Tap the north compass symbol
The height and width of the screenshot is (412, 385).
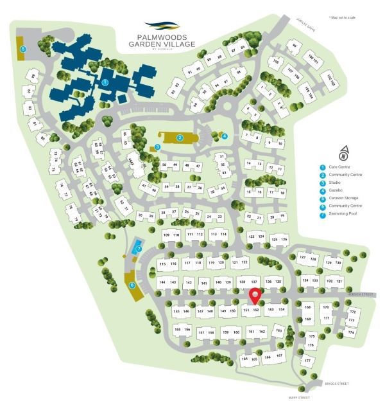345,153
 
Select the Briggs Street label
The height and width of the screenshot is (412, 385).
338,384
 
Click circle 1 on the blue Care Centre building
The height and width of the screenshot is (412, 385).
105,82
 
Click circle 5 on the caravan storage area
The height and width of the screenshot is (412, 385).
23,48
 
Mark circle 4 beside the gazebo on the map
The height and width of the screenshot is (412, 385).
225,136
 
